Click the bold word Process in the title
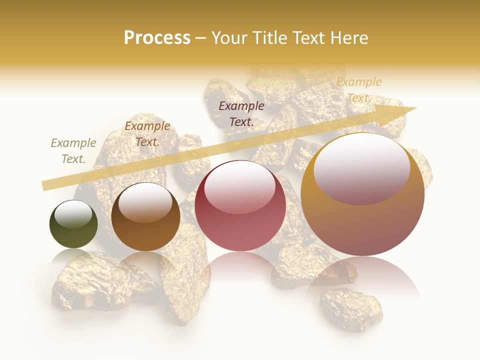point(157,38)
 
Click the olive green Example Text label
point(73,151)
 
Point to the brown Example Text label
point(147,134)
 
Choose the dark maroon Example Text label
point(241,113)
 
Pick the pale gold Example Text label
point(359,90)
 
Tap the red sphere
point(240,206)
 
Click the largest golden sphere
point(362,195)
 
